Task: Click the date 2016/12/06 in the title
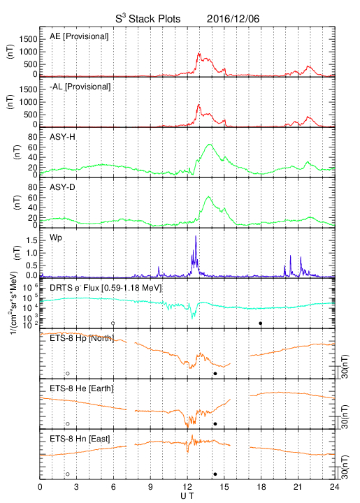click(x=233, y=19)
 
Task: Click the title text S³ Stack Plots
click(x=148, y=18)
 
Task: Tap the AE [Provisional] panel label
click(x=79, y=36)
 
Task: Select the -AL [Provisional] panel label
click(x=80, y=87)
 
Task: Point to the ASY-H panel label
click(x=62, y=137)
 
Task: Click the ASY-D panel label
click(x=62, y=187)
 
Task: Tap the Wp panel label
click(x=55, y=238)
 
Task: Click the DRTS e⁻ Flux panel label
click(x=106, y=288)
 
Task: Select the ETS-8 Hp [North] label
click(x=82, y=338)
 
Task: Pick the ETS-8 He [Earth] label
click(x=82, y=388)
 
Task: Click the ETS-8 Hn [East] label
click(x=80, y=439)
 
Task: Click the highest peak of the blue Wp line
click(x=196, y=236)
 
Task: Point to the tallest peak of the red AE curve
click(x=199, y=53)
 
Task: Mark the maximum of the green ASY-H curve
click(x=210, y=145)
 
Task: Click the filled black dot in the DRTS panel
click(x=261, y=323)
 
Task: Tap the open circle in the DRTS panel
click(x=113, y=323)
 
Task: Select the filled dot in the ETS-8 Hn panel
click(x=215, y=474)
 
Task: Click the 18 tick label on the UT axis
click(x=261, y=487)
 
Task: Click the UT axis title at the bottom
click(x=187, y=496)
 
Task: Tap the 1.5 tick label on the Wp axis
click(x=31, y=240)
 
